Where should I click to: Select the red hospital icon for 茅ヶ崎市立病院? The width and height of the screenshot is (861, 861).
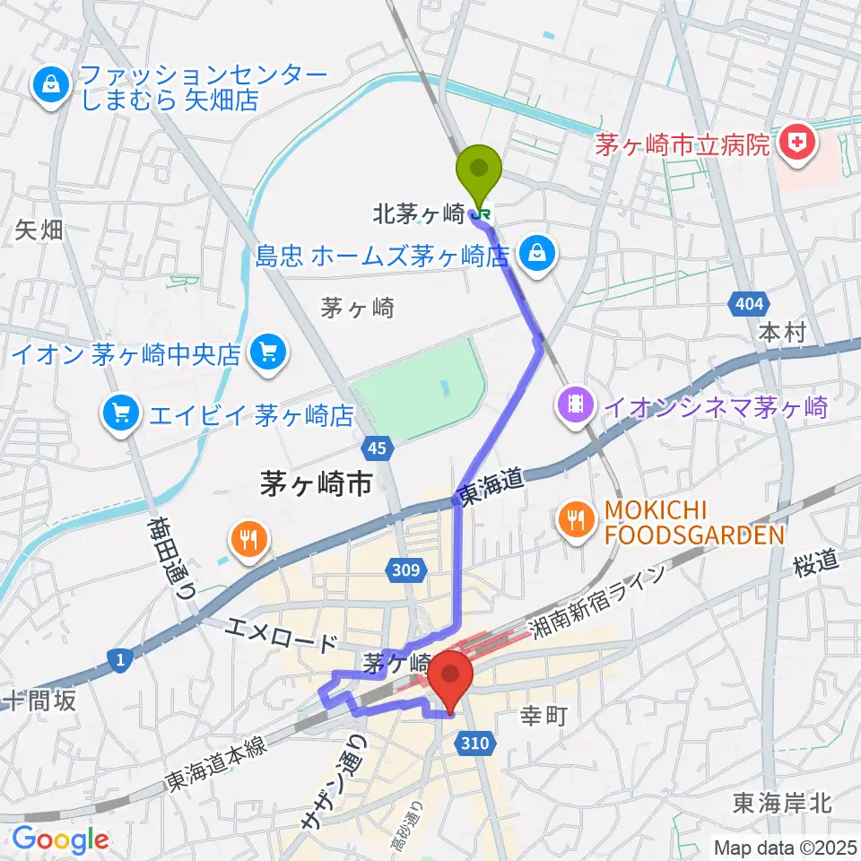(x=794, y=141)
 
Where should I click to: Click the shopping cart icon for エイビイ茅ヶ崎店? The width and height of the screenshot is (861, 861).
(x=119, y=412)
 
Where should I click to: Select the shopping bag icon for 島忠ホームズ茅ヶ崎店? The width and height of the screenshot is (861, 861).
(x=535, y=252)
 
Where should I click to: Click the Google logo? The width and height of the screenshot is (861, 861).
(x=61, y=840)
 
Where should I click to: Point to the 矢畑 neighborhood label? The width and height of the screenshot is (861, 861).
(x=39, y=230)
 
